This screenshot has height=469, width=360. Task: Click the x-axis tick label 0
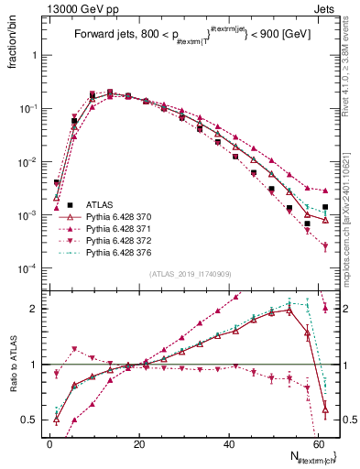coord(49,444)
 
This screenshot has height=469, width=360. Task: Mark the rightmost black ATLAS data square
coord(325,207)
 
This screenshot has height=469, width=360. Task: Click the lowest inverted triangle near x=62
coord(325,245)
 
